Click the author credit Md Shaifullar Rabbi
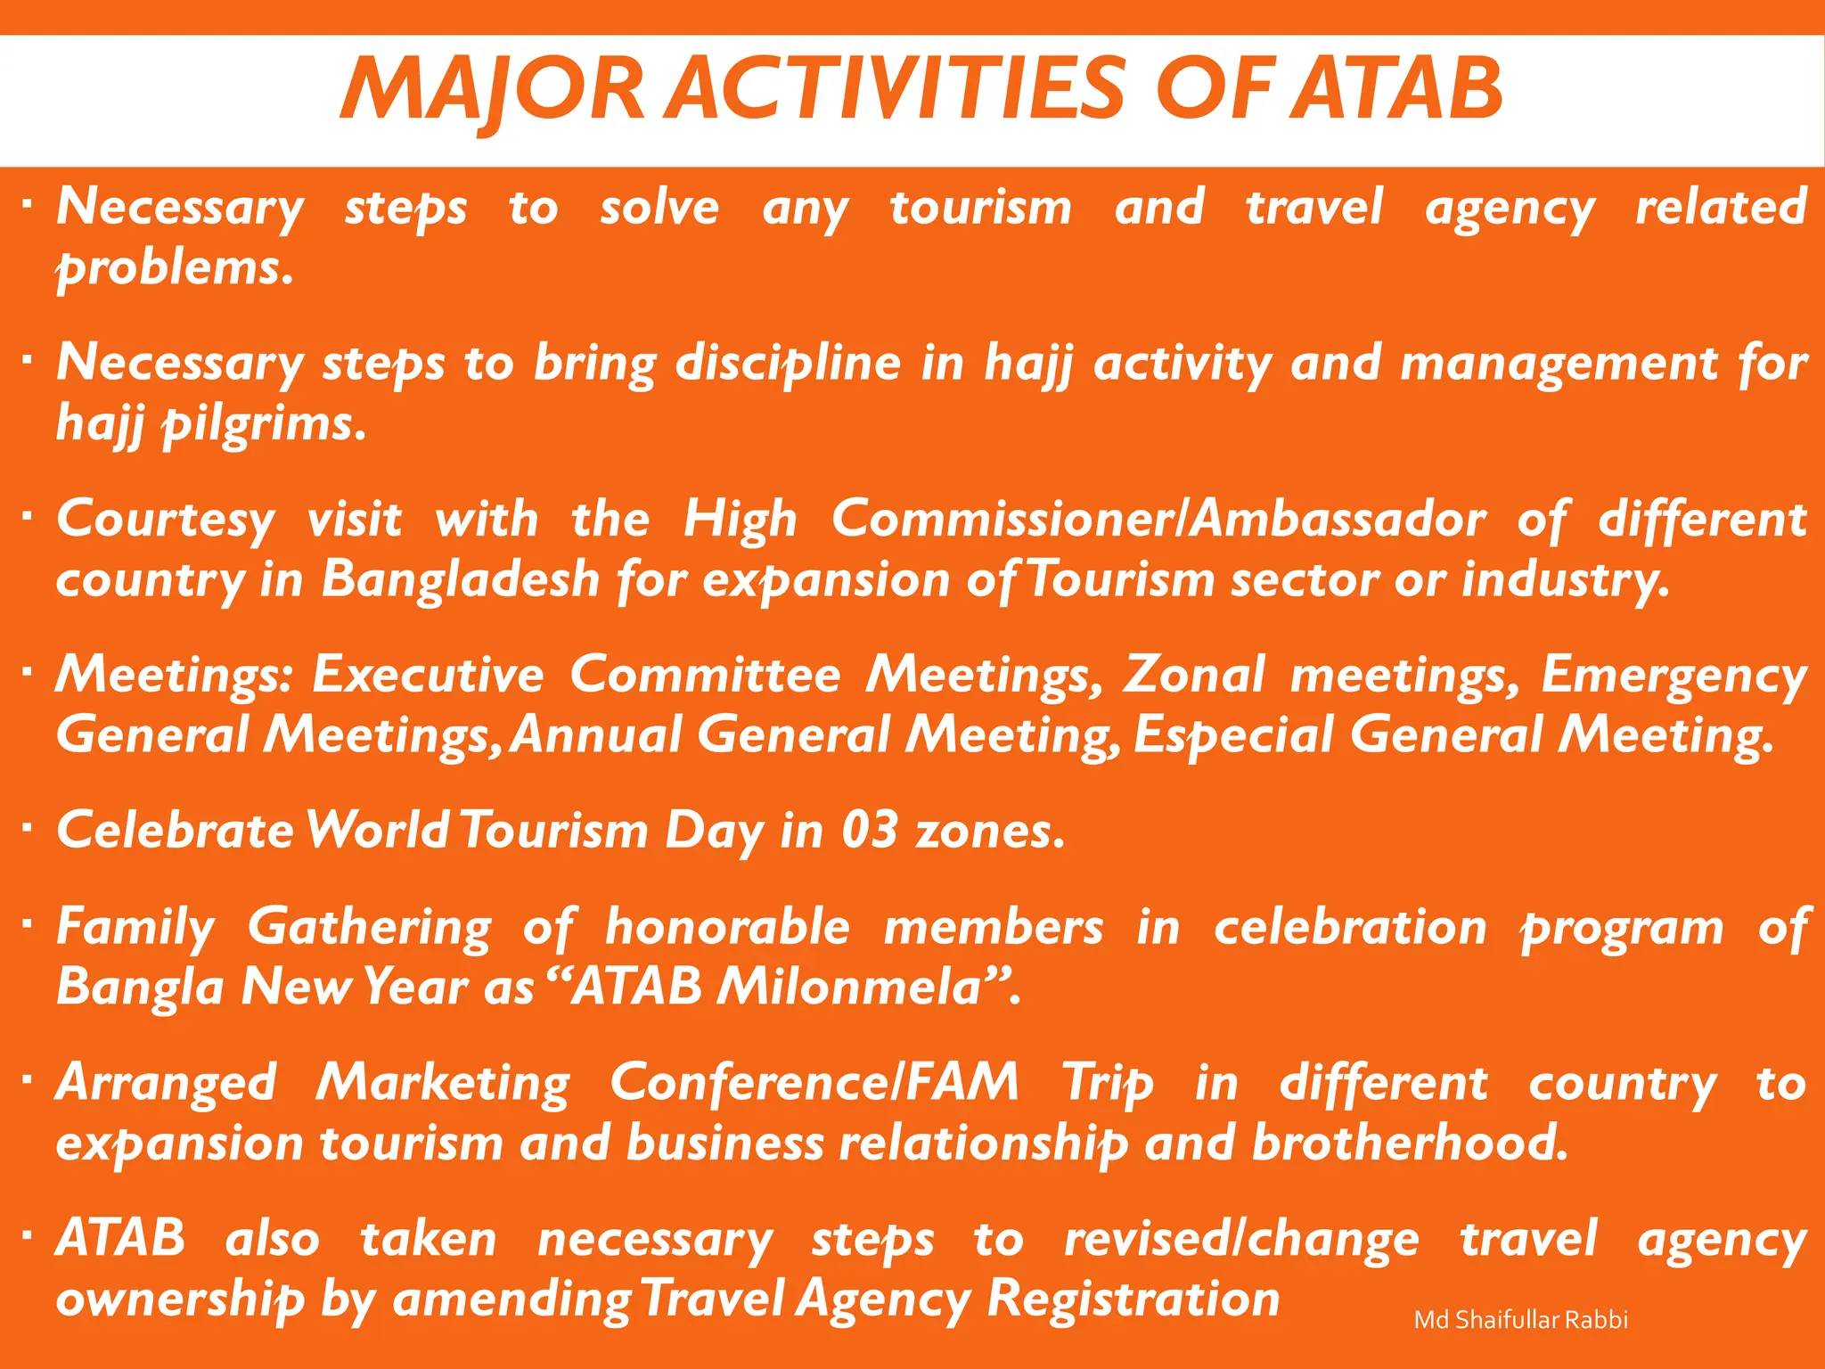tap(1520, 1320)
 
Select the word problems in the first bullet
tap(175, 268)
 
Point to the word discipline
tap(788, 364)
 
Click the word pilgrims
tap(263, 424)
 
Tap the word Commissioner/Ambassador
tap(1158, 520)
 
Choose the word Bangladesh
tap(460, 580)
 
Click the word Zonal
tap(1193, 675)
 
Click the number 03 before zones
tap(869, 831)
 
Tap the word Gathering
tap(369, 928)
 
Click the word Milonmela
tap(862, 988)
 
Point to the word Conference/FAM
tap(814, 1084)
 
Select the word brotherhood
tap(1409, 1144)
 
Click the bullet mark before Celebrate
tap(28, 828)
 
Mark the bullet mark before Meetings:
tap(28, 672)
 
